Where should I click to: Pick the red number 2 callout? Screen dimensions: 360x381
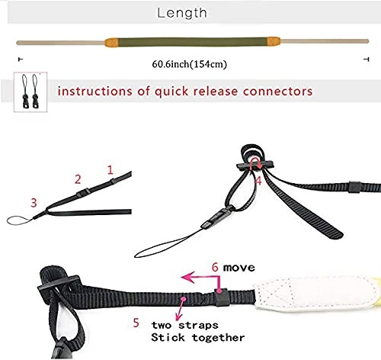click(x=77, y=179)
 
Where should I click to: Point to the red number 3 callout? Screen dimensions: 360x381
click(x=34, y=202)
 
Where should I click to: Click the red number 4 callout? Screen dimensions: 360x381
click(x=258, y=181)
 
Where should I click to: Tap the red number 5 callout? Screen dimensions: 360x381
click(x=136, y=323)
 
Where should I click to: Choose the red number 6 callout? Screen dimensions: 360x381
click(x=216, y=268)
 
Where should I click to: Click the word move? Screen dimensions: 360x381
click(x=240, y=268)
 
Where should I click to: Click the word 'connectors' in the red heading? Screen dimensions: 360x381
click(x=277, y=91)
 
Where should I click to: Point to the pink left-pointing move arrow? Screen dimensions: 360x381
click(x=200, y=279)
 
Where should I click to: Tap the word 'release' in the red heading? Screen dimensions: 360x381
click(x=216, y=91)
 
